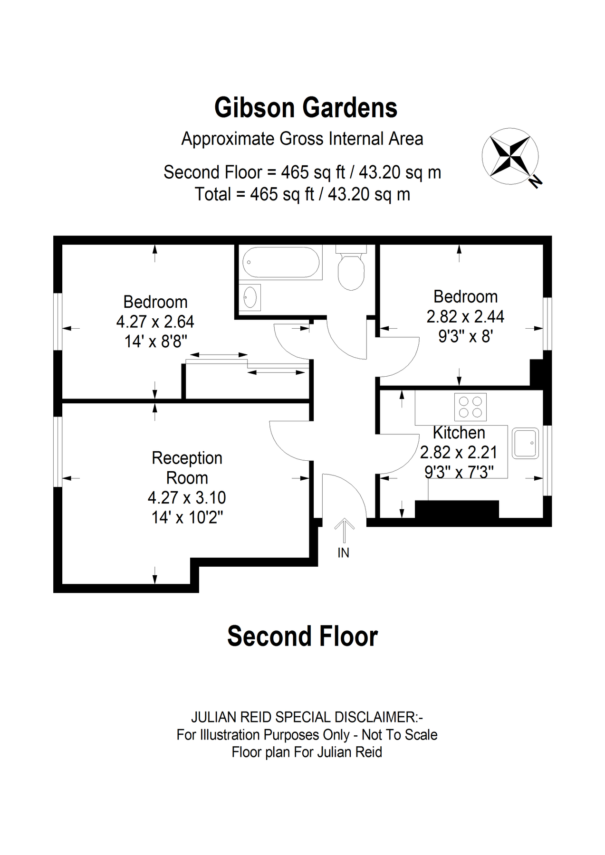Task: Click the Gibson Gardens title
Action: tap(306, 108)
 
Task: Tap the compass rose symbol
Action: tap(510, 156)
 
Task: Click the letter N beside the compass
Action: tap(536, 181)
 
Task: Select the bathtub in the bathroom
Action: tap(281, 262)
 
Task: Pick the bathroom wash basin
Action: tap(250, 298)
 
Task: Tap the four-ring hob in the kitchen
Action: tap(471, 407)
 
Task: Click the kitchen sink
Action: tap(526, 443)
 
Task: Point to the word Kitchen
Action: tap(459, 433)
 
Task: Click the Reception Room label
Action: tap(187, 468)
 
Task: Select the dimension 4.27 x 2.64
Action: tap(155, 322)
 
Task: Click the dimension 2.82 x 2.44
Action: tap(465, 317)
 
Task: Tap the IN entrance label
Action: tap(343, 553)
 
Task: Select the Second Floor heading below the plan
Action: tap(302, 636)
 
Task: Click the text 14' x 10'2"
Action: tap(187, 517)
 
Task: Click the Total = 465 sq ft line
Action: tap(302, 194)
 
